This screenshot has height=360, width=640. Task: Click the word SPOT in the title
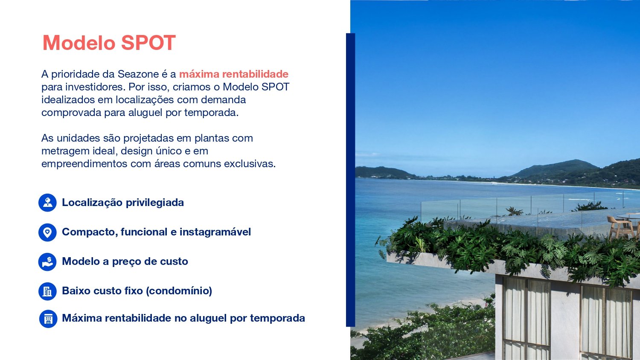[x=148, y=43]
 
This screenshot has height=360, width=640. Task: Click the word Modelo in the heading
[x=79, y=43]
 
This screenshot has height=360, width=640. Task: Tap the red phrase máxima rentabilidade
[x=234, y=74]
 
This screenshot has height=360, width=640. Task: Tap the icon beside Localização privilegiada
[x=47, y=203]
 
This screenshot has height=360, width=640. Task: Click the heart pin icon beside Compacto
[x=47, y=232]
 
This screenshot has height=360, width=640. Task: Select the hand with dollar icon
[x=47, y=262]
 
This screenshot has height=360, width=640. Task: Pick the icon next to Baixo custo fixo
[x=47, y=291]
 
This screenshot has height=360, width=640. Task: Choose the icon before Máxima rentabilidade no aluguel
[x=48, y=319]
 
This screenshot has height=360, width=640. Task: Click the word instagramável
[x=215, y=232]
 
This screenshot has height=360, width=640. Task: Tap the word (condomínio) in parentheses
[x=179, y=291]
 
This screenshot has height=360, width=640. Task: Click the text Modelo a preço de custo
[x=125, y=261]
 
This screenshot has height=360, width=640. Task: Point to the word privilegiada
[x=154, y=203]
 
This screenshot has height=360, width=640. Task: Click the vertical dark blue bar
[x=351, y=180]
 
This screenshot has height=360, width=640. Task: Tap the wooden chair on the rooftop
[x=620, y=227]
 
